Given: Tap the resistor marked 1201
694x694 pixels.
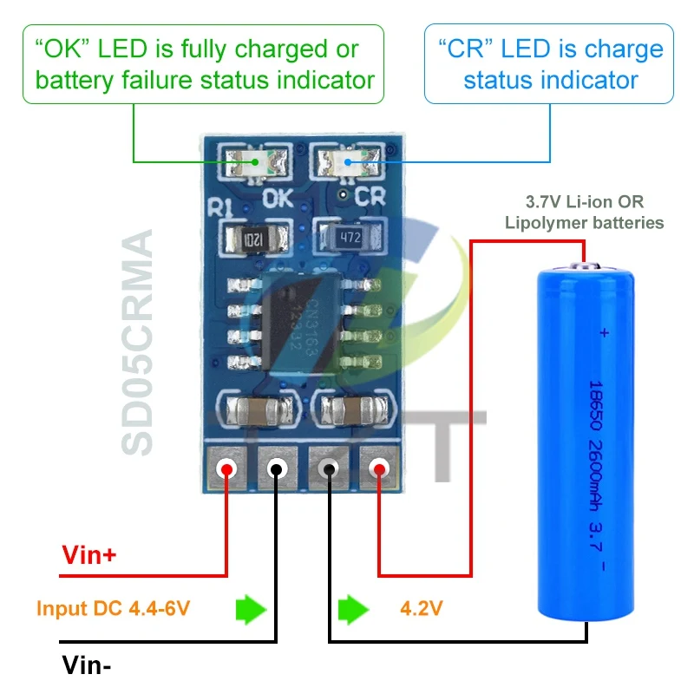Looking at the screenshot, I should (x=252, y=238).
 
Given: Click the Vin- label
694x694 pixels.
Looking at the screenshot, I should (x=87, y=665).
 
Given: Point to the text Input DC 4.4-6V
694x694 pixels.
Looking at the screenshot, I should (x=113, y=608).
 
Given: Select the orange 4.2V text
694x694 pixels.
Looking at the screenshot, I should (x=421, y=608).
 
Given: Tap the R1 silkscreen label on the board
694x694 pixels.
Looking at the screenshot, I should (x=219, y=208).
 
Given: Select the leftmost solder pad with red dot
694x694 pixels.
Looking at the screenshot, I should (x=227, y=469).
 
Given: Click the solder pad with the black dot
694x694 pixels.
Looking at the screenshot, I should (x=276, y=469).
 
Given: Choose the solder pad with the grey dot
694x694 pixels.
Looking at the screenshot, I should (x=330, y=469).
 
